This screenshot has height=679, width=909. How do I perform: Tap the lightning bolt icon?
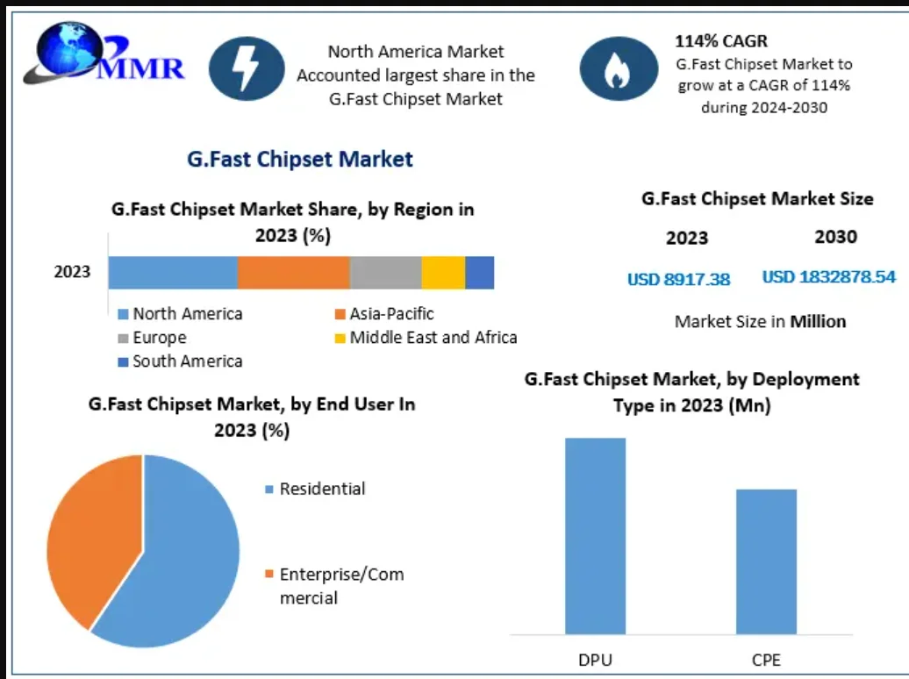click(246, 67)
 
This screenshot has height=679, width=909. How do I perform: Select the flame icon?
click(617, 68)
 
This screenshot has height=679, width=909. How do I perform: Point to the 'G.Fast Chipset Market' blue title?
click(300, 159)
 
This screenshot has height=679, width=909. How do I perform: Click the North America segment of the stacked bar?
click(173, 273)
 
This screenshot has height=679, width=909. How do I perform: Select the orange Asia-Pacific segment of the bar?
click(293, 273)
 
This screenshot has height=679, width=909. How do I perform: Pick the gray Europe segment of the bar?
click(385, 273)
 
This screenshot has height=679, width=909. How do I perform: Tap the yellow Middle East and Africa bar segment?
click(443, 273)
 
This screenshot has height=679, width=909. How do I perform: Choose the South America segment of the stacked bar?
click(479, 273)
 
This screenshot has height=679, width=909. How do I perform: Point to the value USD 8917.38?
click(678, 279)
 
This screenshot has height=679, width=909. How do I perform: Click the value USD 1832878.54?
click(828, 277)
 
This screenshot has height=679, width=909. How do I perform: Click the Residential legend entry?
click(322, 489)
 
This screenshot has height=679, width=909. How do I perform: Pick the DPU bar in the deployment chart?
click(595, 535)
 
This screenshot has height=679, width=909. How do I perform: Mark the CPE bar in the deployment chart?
click(766, 561)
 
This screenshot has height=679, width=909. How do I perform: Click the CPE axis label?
click(766, 659)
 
